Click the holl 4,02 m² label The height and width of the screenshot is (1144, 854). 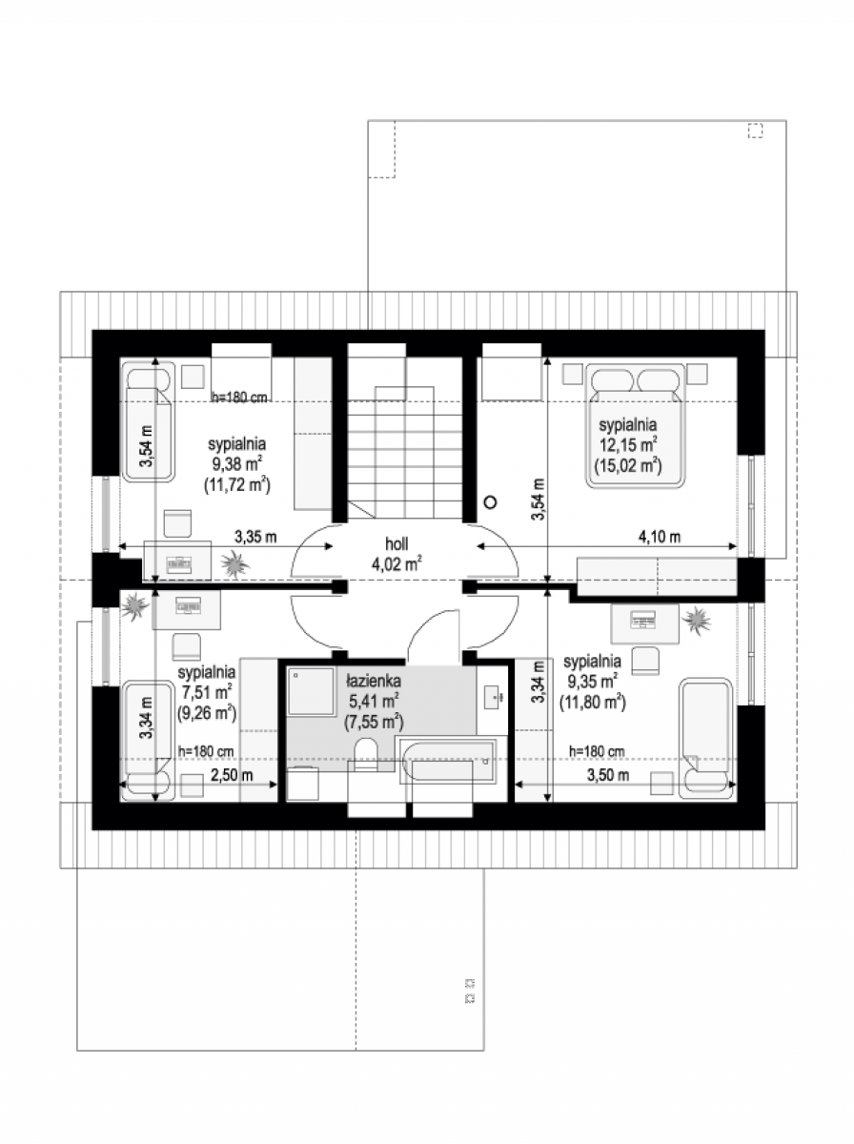point(397,554)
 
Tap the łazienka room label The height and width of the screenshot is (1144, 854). point(374,680)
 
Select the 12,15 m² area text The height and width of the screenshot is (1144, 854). point(627,445)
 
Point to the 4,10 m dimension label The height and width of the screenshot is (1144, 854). point(660,537)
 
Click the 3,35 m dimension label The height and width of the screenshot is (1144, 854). point(255,537)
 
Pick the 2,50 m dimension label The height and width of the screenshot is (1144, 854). point(232,775)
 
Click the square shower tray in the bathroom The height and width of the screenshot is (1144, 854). point(311,691)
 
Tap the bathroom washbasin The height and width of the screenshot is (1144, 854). point(493,697)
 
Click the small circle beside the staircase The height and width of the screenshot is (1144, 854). point(490,501)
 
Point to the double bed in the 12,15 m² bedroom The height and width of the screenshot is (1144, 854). point(635,426)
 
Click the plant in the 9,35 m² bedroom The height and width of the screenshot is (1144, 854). point(696,621)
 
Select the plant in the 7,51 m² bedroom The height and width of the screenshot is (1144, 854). point(135,605)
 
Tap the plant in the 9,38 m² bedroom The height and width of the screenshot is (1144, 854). point(234,564)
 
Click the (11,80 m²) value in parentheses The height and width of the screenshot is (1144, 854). point(593,703)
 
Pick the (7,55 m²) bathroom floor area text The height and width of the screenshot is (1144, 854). point(374,723)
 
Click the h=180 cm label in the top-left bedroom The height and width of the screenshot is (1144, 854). point(239,398)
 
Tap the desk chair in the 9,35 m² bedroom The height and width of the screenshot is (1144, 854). point(646,661)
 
